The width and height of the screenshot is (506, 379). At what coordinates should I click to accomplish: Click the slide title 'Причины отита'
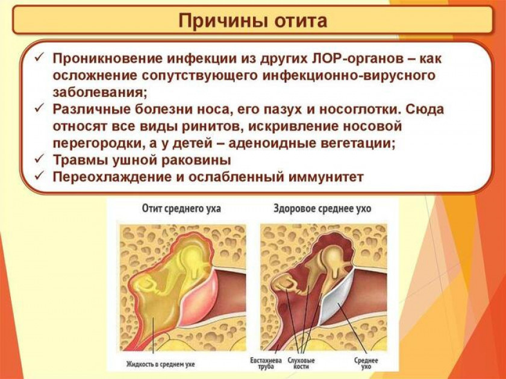252,20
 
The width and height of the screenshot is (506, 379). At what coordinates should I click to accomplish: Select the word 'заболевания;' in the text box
100,92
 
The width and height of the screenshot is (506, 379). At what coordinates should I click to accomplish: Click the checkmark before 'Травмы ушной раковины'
39,158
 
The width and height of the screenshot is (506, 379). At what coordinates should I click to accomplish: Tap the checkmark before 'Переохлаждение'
39,175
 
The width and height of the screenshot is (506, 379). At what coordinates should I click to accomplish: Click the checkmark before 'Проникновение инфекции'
39,57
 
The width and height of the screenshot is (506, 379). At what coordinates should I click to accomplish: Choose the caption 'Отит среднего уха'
181,209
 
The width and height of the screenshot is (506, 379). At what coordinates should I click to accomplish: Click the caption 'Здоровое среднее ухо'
322,209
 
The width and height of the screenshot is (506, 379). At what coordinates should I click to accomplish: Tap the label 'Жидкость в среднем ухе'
160,364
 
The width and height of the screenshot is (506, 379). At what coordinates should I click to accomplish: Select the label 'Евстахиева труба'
266,363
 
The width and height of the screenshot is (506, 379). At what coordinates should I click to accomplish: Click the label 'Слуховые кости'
301,363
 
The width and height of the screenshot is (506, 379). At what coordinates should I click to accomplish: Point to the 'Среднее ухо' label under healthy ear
366,363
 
